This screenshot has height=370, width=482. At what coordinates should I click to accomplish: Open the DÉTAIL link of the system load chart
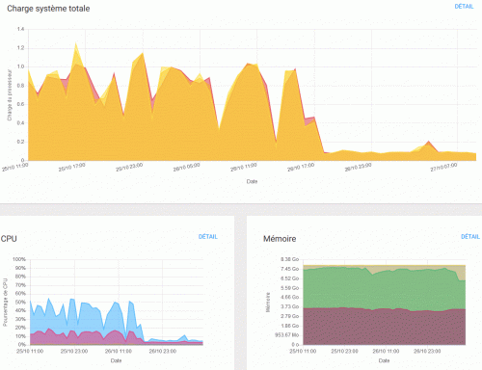tap(465, 7)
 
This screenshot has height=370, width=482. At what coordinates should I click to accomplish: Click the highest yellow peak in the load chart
tap(76, 44)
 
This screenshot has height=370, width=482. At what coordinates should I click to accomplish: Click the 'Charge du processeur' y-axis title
tap(10, 94)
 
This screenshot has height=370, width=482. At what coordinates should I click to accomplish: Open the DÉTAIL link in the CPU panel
tap(209, 236)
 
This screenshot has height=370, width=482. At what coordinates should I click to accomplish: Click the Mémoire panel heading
tap(281, 238)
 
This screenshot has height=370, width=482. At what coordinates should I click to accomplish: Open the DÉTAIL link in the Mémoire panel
tap(470, 236)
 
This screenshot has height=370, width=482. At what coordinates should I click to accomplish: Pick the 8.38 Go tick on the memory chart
tap(289, 259)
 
